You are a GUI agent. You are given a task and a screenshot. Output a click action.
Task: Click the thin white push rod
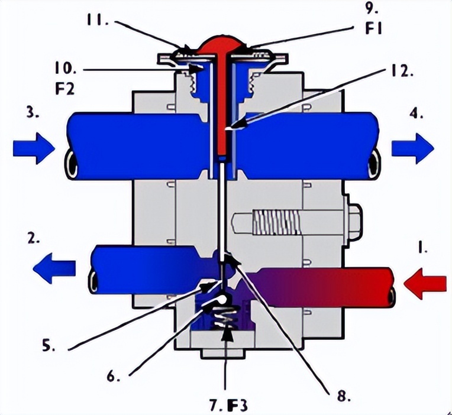221,213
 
